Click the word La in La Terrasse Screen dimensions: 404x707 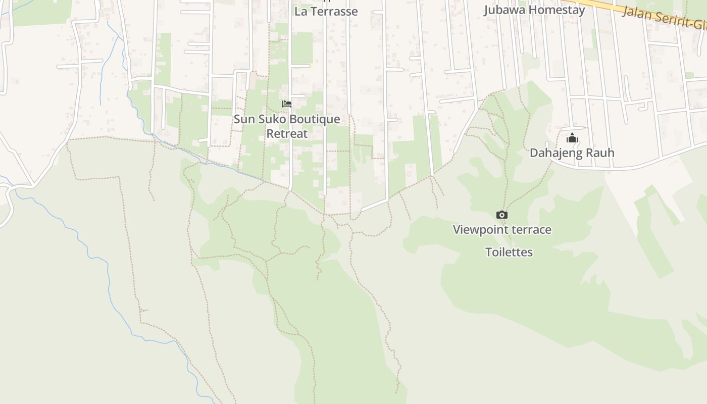tap(301, 12)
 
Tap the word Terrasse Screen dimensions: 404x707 tap(334, 12)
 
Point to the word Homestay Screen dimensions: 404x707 tap(558, 10)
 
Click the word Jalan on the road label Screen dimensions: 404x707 tap(636, 13)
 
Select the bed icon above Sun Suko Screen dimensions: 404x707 tap(287, 104)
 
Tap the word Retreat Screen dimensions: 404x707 tap(287, 134)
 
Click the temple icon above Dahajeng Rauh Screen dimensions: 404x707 tap(572, 138)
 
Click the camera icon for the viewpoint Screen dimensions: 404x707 tap(502, 215)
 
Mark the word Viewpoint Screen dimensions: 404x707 tap(480, 230)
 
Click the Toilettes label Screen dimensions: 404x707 tap(509, 252)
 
